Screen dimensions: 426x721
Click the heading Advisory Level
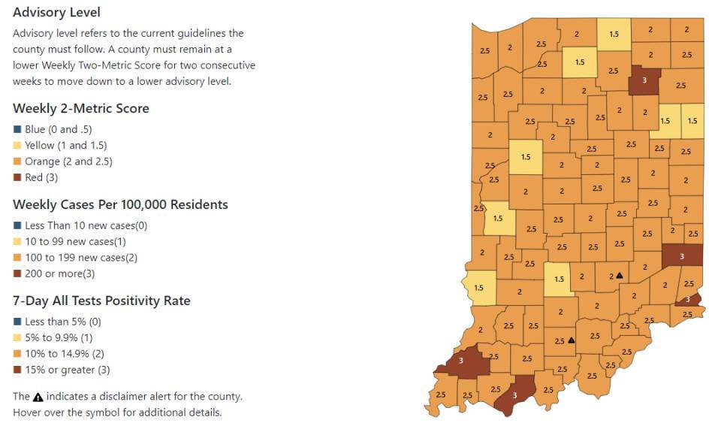[x=56, y=12]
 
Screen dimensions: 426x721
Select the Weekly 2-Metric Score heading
[x=80, y=108]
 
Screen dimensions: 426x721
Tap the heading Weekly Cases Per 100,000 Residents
[x=120, y=204]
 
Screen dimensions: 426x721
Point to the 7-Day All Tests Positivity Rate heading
[x=101, y=301]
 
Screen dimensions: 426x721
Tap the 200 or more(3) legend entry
[x=59, y=273]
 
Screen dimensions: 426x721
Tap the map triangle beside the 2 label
[x=620, y=276]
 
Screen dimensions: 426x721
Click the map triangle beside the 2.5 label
[x=571, y=340]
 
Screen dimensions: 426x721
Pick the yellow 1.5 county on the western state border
[x=478, y=286]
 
